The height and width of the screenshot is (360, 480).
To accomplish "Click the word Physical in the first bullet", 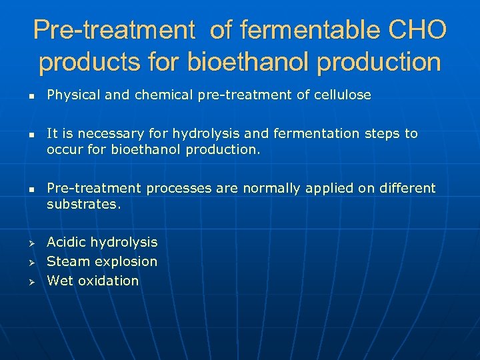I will [72, 95].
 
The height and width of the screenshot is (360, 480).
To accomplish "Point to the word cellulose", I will [343, 95].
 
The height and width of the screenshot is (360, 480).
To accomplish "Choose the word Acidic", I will [66, 242].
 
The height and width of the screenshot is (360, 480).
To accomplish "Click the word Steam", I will [65, 261].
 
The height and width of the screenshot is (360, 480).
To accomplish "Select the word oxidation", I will [108, 281].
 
